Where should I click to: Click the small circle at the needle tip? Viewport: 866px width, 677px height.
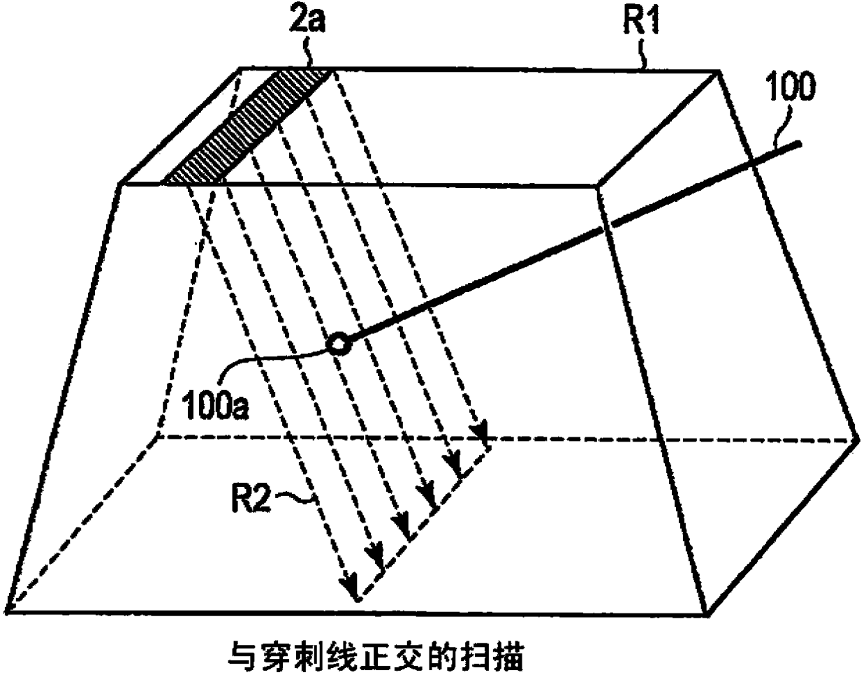pyautogui.click(x=338, y=344)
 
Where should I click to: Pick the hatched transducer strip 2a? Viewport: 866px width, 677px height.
pyautogui.click(x=247, y=126)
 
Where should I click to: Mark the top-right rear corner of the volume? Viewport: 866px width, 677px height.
pyautogui.click(x=719, y=71)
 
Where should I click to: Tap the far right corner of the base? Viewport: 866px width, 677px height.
pyautogui.click(x=858, y=439)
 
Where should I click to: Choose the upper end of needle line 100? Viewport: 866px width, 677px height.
pyautogui.click(x=799, y=143)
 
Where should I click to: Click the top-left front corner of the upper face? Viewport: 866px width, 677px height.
pyautogui.click(x=122, y=184)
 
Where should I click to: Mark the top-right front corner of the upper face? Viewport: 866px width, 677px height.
pyautogui.click(x=598, y=186)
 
